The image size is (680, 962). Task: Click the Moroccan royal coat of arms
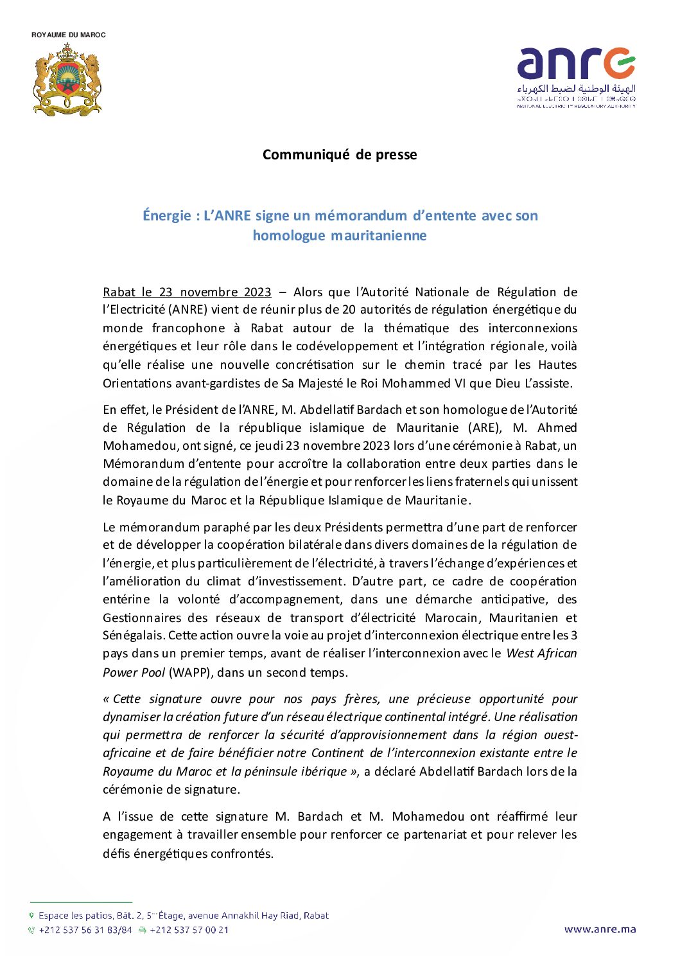[67, 80]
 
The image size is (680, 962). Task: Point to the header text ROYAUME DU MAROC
[69, 35]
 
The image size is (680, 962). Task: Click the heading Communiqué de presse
[340, 155]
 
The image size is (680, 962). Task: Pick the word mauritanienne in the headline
[379, 236]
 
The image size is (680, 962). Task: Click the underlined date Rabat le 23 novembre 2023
[187, 292]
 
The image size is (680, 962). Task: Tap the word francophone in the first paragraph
[189, 328]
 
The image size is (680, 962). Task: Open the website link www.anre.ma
[600, 929]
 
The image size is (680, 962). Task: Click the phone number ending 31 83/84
[85, 930]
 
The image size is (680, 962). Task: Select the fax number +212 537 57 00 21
[189, 930]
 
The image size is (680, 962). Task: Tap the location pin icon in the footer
[31, 915]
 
